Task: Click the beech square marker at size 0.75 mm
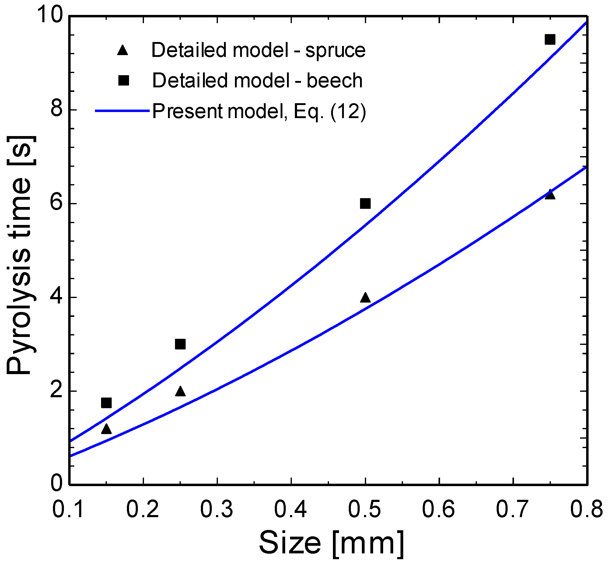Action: (x=550, y=40)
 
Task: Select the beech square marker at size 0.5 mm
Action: (x=365, y=203)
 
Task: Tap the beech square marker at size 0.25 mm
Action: (x=180, y=344)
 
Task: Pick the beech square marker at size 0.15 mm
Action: (x=106, y=403)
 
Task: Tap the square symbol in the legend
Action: (x=124, y=81)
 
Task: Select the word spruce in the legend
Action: (x=335, y=51)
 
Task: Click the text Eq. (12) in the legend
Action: (x=330, y=111)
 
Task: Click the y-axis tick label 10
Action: (x=50, y=15)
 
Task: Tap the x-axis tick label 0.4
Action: (x=290, y=509)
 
